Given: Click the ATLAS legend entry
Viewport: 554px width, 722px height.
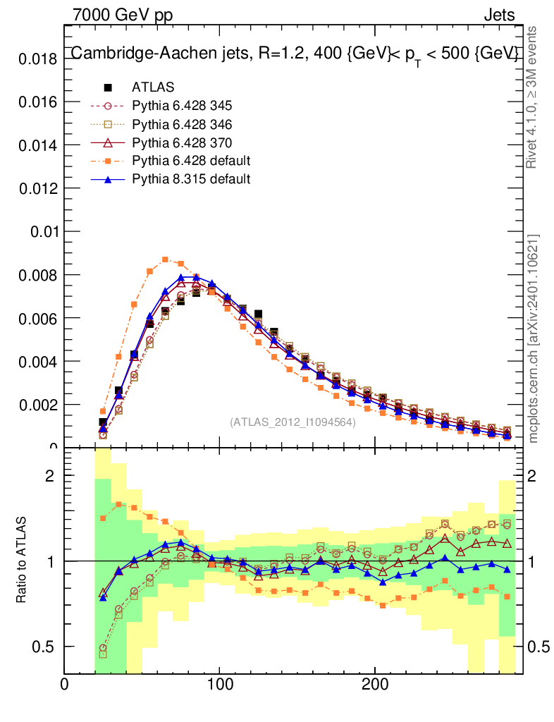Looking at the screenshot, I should click(x=153, y=87).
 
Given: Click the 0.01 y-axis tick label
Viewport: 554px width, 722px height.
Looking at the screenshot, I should click(x=42, y=232).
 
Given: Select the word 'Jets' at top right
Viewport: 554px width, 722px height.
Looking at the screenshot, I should click(x=499, y=15).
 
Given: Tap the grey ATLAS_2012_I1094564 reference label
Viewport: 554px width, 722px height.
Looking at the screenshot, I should click(x=293, y=422).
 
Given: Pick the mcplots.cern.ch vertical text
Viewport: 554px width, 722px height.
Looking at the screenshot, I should click(x=534, y=338).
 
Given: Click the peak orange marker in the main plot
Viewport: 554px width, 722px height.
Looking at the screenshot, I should click(x=165, y=259).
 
